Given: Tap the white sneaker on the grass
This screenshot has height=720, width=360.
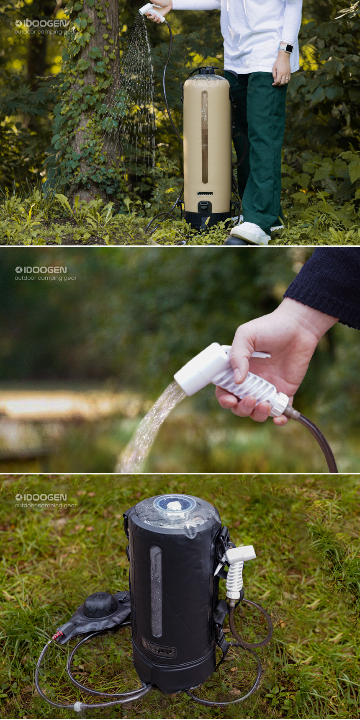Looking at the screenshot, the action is click(250, 233).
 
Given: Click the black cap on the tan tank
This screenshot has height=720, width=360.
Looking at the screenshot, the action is click(207, 71).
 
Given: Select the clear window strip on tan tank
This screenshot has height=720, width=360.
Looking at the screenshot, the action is click(205, 137).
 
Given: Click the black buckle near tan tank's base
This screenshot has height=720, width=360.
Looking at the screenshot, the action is click(204, 206).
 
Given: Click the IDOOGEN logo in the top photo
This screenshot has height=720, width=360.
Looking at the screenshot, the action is click(41, 23).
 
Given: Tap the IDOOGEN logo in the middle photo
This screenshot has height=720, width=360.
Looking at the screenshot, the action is click(41, 270).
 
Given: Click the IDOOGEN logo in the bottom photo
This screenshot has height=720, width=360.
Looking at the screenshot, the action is click(41, 498).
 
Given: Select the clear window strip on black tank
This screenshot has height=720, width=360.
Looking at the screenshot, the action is click(156, 591).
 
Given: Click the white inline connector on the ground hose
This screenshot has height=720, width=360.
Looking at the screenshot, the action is click(78, 707).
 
